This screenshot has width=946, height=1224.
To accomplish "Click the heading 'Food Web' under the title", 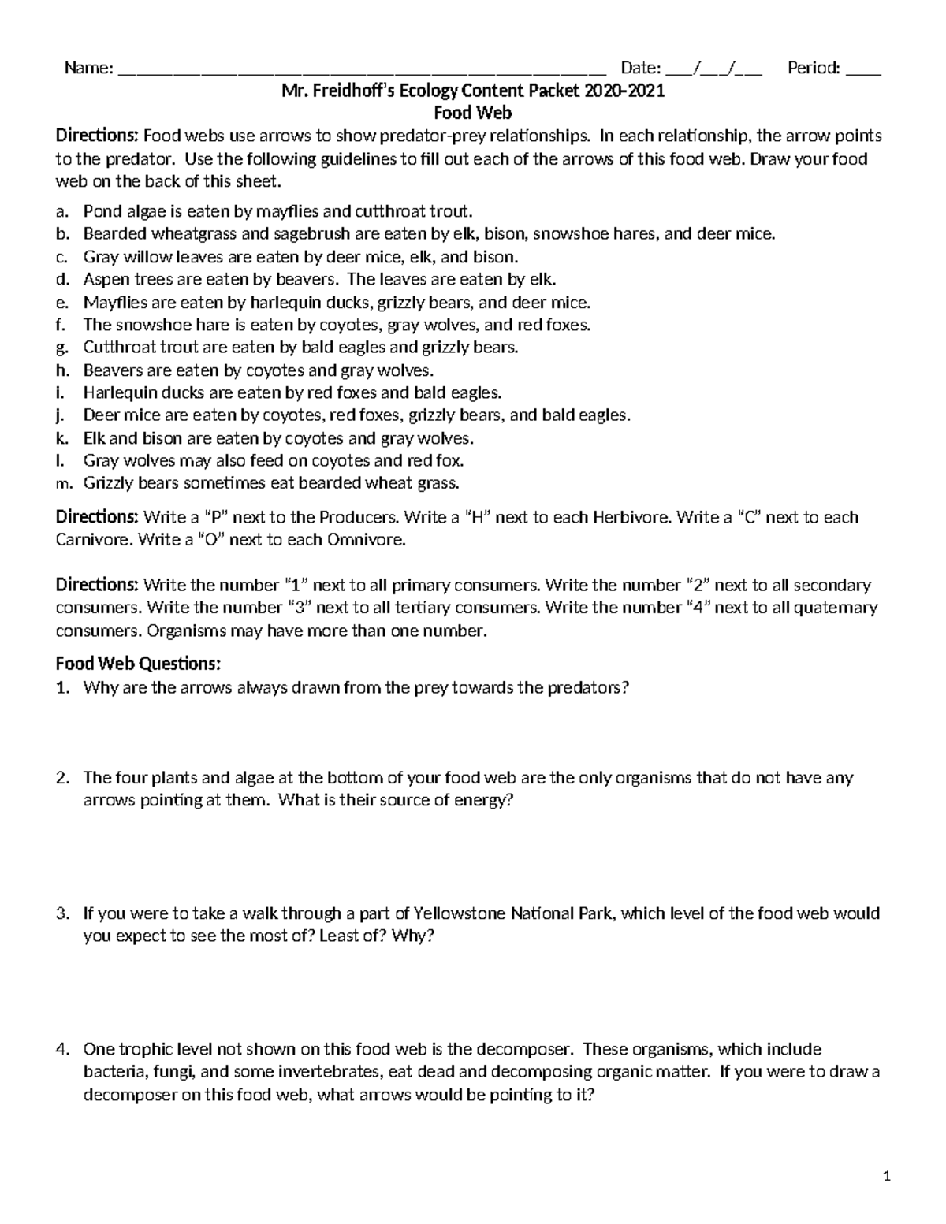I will pos(473,113).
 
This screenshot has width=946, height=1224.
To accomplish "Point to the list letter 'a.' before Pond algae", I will pos(62,211).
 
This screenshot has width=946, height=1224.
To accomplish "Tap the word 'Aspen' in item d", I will pos(103,280).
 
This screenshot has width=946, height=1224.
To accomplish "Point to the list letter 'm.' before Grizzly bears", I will pos(63,483).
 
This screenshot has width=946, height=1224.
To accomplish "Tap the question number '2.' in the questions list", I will pos(62,778).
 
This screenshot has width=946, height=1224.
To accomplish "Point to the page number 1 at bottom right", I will pos(887,1177).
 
